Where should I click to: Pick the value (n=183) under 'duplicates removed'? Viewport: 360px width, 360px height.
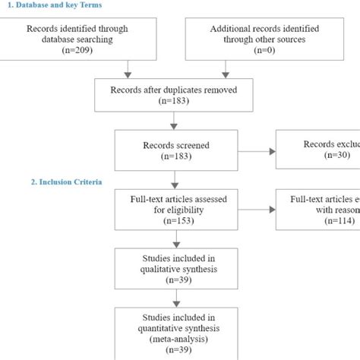(x=174, y=100)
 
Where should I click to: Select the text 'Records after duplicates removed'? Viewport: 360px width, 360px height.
(x=174, y=89)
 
